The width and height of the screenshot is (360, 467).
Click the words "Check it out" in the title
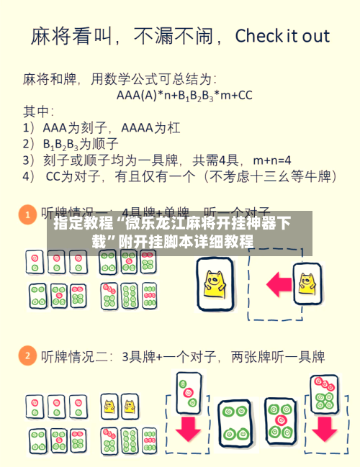pyautogui.click(x=282, y=36)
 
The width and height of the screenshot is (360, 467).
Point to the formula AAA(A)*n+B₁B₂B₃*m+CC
pyautogui.click(x=184, y=94)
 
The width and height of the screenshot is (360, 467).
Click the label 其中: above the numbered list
pyautogui.click(x=39, y=112)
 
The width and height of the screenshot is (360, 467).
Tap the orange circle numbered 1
pyautogui.click(x=27, y=214)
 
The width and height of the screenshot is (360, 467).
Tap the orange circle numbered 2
pyautogui.click(x=27, y=355)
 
